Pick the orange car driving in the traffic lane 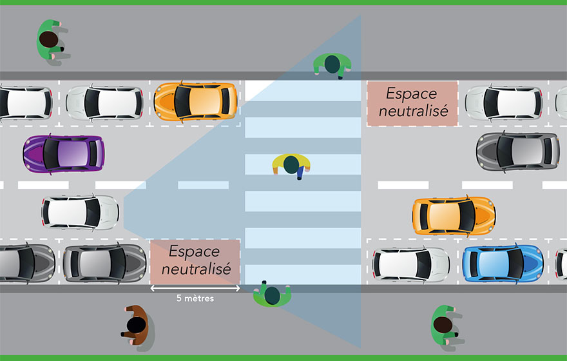[454, 216]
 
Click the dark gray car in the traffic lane [517, 151]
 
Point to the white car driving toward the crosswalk [81, 212]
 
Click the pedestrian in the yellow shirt [291, 166]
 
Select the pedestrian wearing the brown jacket [136, 326]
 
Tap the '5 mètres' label [195, 299]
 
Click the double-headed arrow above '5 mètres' [195, 289]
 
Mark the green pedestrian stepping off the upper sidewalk [332, 64]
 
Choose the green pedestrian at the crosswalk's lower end [272, 295]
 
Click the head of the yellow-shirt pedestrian [291, 165]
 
